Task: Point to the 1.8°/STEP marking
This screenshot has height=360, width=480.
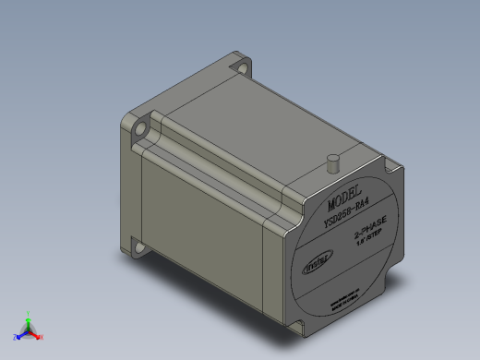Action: coord(370,243)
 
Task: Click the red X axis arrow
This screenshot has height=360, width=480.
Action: coord(36,334)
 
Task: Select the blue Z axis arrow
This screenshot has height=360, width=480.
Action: coord(21,334)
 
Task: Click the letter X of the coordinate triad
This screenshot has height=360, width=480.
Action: coord(42,338)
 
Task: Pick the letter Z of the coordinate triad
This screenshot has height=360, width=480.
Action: coord(15,338)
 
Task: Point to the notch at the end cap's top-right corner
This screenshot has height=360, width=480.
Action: coord(398,168)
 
